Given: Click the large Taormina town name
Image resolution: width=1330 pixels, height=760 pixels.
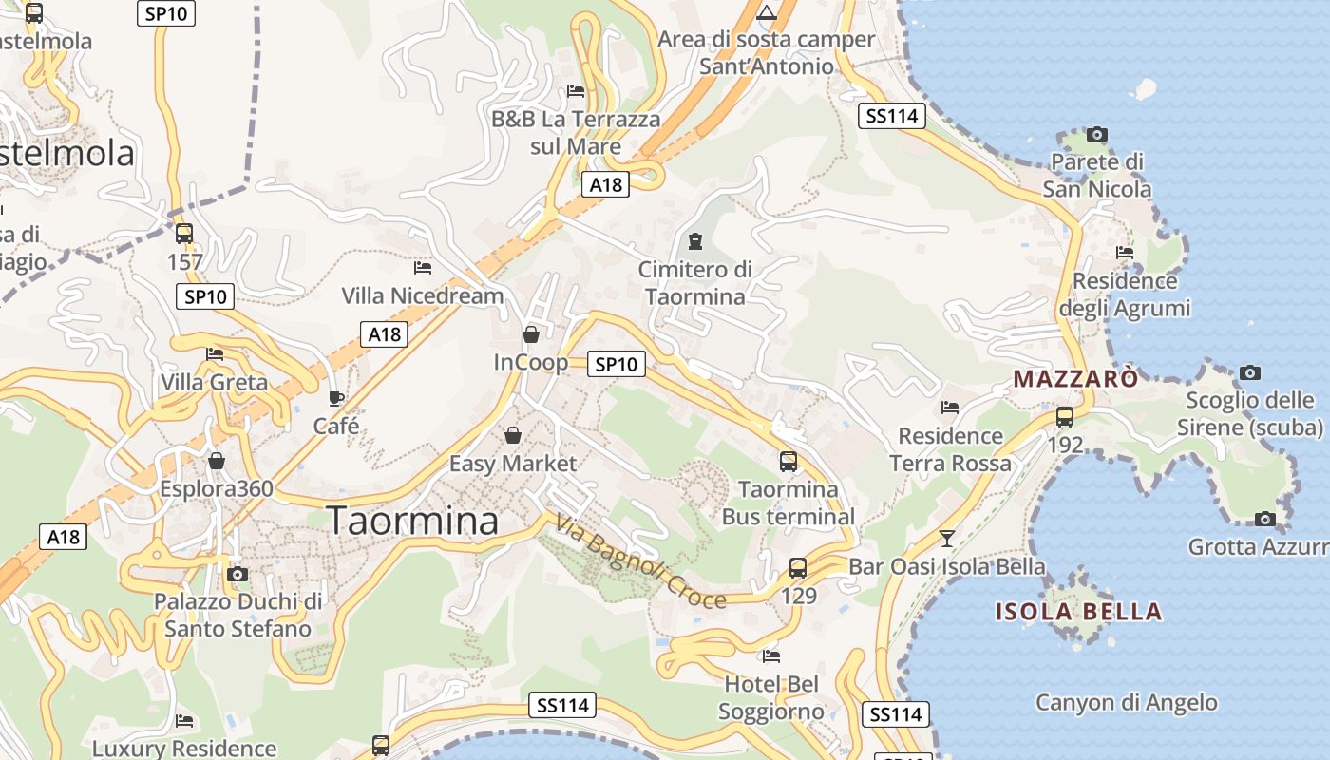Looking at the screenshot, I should [x=412, y=522].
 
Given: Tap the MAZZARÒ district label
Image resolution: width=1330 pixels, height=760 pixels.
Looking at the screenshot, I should [x=1075, y=379].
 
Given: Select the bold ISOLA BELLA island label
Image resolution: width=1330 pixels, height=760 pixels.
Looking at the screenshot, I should [x=1078, y=611].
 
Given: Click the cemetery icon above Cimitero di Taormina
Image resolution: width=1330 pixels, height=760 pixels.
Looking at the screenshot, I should [x=695, y=241].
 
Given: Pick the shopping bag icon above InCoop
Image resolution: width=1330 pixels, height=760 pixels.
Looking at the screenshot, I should [x=531, y=334].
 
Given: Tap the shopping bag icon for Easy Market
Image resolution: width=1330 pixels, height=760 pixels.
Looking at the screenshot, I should [x=513, y=435].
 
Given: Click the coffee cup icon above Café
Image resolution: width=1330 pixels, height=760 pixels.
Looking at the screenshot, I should [x=336, y=398].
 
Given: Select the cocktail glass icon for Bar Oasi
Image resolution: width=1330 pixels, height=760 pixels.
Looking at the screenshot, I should [x=946, y=539].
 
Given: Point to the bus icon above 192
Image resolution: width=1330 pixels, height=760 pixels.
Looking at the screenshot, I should [x=1065, y=417].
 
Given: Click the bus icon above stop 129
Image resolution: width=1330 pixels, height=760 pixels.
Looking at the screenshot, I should [x=798, y=568].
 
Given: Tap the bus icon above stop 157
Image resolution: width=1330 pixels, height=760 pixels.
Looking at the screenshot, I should [x=184, y=233].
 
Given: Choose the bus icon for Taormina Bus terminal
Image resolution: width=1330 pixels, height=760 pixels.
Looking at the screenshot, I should [x=788, y=462].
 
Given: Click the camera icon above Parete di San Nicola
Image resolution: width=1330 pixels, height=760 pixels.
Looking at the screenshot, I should [x=1097, y=134].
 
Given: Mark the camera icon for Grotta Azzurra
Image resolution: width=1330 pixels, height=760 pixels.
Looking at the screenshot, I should [x=1264, y=519].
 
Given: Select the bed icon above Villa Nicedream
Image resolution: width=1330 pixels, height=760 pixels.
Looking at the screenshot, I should [x=423, y=268].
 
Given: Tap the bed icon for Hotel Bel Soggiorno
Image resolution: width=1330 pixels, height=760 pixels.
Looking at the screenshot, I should [x=771, y=655].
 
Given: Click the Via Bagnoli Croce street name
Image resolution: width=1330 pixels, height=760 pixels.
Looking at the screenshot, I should [x=640, y=561].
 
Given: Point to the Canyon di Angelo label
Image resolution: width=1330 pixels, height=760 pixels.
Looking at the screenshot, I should [x=1126, y=703].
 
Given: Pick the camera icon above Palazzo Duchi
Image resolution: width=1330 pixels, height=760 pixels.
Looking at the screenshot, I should [x=237, y=574].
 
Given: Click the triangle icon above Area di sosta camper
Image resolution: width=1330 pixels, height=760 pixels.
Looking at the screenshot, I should [x=767, y=13].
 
